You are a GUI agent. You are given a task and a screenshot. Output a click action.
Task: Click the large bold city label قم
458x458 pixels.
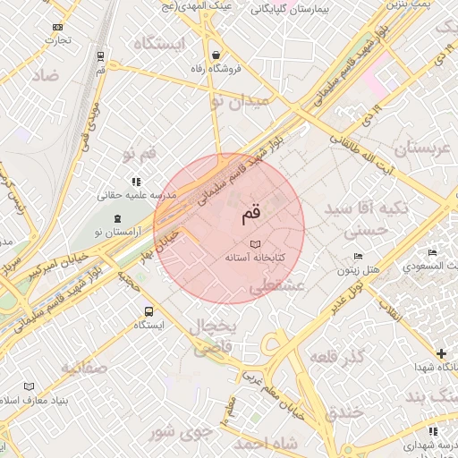253,214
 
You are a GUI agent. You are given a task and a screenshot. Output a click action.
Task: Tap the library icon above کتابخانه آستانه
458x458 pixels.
255,243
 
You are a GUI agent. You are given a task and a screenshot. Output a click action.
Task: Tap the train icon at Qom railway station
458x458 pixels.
99,56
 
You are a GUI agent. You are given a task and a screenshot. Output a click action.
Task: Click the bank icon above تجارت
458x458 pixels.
58,27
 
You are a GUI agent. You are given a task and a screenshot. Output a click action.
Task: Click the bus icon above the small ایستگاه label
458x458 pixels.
148,312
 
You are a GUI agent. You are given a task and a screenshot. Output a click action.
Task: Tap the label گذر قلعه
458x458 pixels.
335,358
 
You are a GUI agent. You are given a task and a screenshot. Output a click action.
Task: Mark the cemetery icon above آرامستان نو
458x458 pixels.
120,219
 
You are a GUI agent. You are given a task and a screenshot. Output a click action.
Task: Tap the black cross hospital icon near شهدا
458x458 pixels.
440,352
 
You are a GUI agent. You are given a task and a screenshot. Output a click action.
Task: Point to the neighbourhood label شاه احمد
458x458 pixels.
266,443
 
